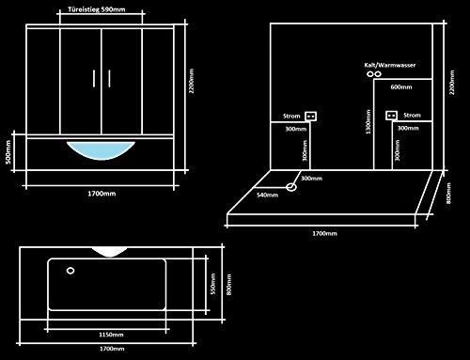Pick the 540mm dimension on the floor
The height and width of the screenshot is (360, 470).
(269, 195)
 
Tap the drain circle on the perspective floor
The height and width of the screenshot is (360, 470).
(292, 187)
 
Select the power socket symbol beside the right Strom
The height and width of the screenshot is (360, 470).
(390, 117)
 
